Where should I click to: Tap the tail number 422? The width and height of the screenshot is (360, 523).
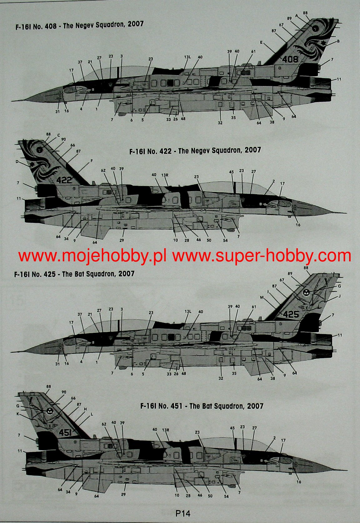point(64,180)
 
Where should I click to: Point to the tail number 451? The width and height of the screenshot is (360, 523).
point(65,432)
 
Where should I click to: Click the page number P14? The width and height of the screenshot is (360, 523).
point(183,513)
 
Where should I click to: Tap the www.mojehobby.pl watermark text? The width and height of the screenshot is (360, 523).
point(92,256)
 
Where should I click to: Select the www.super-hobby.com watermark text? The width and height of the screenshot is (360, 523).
point(262,256)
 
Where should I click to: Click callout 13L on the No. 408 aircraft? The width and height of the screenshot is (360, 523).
point(187,57)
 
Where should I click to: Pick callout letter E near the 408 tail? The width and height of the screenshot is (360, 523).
point(261,42)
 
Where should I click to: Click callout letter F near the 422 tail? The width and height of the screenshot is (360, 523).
point(91,160)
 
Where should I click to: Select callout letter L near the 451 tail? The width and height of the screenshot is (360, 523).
point(91,414)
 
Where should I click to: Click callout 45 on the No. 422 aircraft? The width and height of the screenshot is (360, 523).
point(231,171)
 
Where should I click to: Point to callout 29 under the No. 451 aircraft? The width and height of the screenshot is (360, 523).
point(123,503)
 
